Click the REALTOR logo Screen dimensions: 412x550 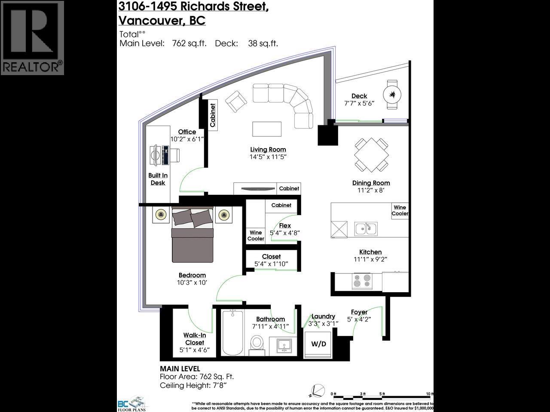[x=32, y=38]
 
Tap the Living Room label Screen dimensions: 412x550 [x=268, y=149]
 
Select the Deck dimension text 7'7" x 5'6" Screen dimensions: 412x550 [x=359, y=103]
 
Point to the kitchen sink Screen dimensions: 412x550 [x=366, y=229]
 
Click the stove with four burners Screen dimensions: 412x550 [x=362, y=281]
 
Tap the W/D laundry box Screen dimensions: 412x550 [x=318, y=344]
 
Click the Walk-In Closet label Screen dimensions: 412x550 [x=195, y=339]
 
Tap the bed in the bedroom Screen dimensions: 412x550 [x=192, y=235]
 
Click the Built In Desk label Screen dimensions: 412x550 [x=158, y=179]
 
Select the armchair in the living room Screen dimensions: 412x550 [x=236, y=102]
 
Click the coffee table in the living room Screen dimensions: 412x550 [x=267, y=129]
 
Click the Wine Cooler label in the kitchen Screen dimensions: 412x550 [x=400, y=210]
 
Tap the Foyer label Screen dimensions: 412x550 [x=359, y=312]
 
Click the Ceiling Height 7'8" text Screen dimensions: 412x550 [x=193, y=385]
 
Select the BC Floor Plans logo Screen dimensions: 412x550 [x=132, y=403]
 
